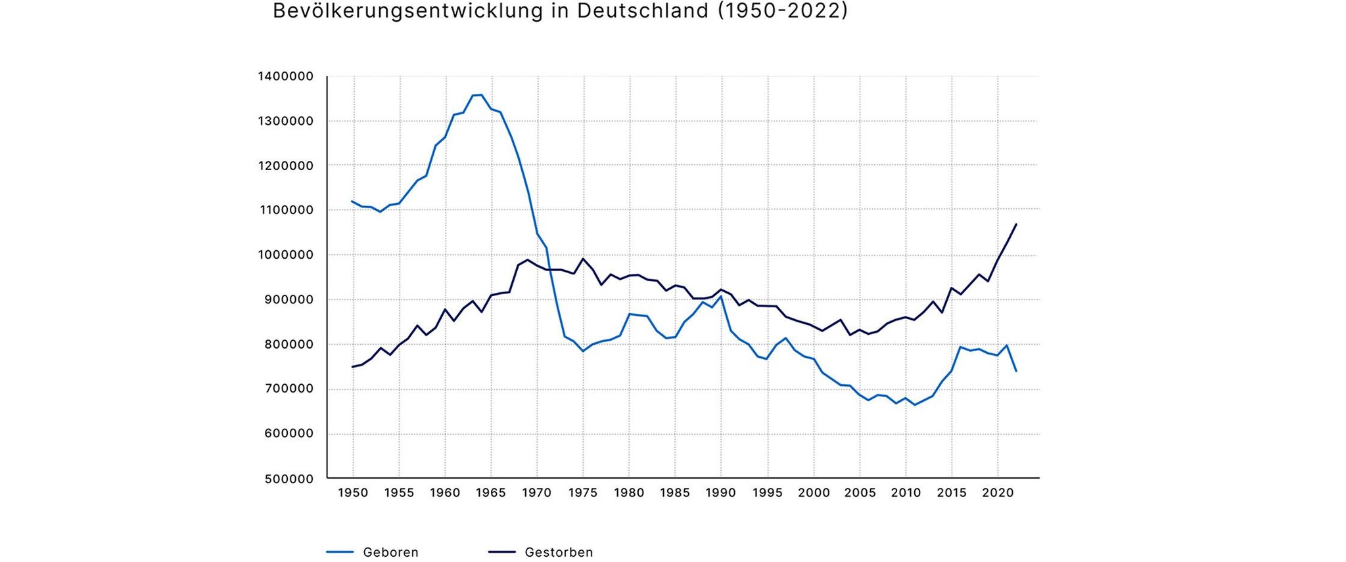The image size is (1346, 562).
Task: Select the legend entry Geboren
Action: point(390,552)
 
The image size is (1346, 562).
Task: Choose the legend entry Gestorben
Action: point(559,552)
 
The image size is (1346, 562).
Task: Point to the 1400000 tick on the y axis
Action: point(286,76)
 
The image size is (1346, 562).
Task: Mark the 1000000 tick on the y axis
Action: point(286,255)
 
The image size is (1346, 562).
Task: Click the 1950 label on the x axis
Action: point(353,493)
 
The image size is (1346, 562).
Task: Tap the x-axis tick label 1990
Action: point(721,493)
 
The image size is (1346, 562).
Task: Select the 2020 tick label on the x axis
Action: point(998,493)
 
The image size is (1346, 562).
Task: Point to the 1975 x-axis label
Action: point(583,493)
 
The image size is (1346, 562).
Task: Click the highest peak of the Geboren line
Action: point(481,95)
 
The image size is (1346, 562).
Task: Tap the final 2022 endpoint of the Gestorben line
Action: point(1016,225)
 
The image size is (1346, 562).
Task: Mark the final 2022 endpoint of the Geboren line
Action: point(1016,371)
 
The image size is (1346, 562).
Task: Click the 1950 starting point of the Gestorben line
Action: point(353,366)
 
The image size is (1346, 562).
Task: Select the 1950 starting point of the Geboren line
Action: point(353,202)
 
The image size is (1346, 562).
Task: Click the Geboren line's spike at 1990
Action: point(721,296)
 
